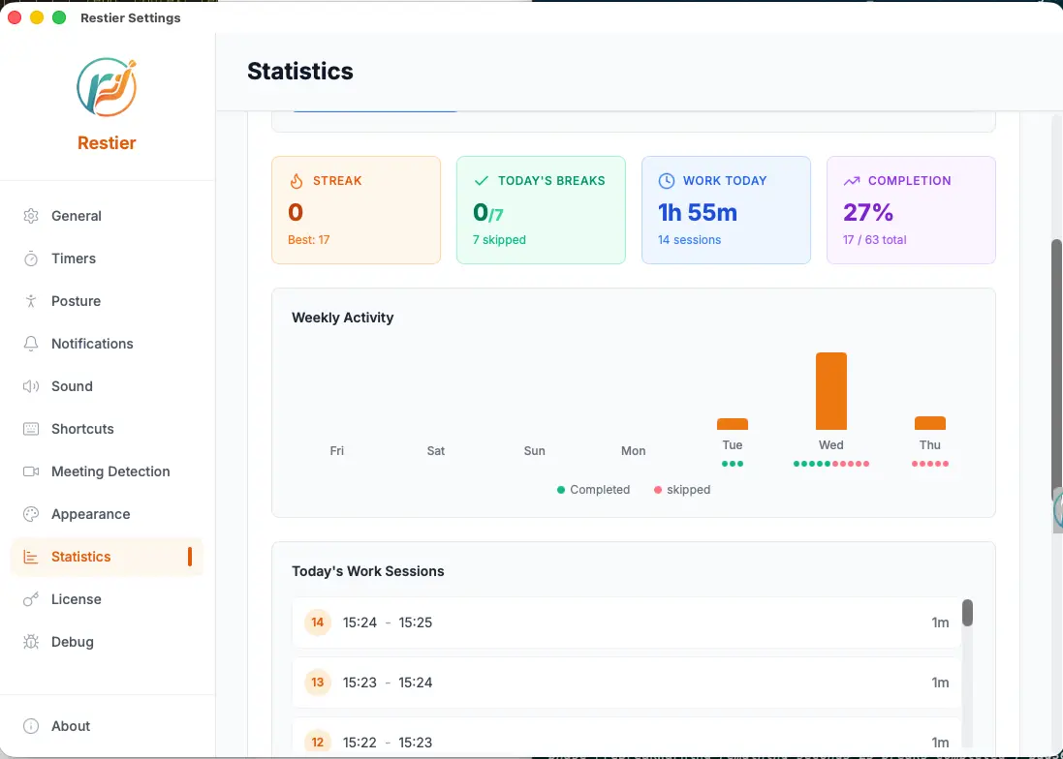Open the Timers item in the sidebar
click(74, 258)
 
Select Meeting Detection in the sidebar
click(110, 471)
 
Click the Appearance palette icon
click(31, 514)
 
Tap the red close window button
click(15, 17)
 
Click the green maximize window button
click(59, 17)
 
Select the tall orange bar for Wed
click(831, 391)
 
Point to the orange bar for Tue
click(733, 425)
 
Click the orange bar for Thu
click(930, 423)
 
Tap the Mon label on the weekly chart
click(633, 451)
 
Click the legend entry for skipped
click(682, 490)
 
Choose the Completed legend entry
click(593, 490)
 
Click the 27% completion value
click(868, 213)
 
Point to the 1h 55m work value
click(698, 213)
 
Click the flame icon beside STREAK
click(297, 181)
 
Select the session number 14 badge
click(317, 622)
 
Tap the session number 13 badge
click(317, 683)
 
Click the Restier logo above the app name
click(107, 87)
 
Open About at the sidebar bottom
click(71, 726)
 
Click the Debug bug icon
click(31, 642)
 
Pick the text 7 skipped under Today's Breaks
click(500, 240)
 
